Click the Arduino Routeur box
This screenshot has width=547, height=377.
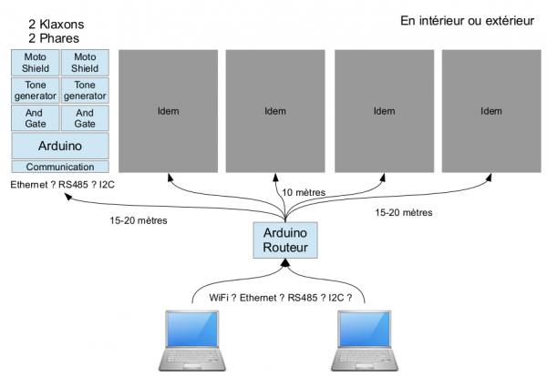(x=285, y=240)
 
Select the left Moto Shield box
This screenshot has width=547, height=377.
(x=36, y=63)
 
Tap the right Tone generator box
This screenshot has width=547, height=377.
(x=85, y=90)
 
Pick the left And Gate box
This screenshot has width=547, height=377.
(x=36, y=118)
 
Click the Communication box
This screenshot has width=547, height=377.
(x=60, y=167)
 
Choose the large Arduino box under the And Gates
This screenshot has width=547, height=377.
(x=60, y=146)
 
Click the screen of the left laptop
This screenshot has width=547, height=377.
(x=192, y=329)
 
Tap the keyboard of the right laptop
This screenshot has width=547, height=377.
(x=365, y=356)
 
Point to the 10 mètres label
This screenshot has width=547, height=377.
(x=304, y=192)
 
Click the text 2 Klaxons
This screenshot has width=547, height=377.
(x=57, y=25)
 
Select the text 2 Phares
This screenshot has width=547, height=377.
(x=54, y=38)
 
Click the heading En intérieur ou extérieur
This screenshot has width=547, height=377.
(x=467, y=21)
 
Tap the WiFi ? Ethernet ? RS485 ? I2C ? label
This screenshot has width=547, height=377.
(x=281, y=298)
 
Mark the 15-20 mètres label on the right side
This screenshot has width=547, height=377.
(x=404, y=212)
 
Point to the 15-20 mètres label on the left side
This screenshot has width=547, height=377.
(x=139, y=220)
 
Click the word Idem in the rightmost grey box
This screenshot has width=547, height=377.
(x=491, y=111)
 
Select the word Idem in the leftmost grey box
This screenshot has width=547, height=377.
(x=168, y=111)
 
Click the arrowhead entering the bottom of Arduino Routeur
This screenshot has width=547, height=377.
(x=285, y=262)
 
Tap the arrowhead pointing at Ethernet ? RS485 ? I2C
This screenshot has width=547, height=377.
(x=68, y=197)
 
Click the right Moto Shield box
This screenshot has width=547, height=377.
(x=85, y=63)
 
